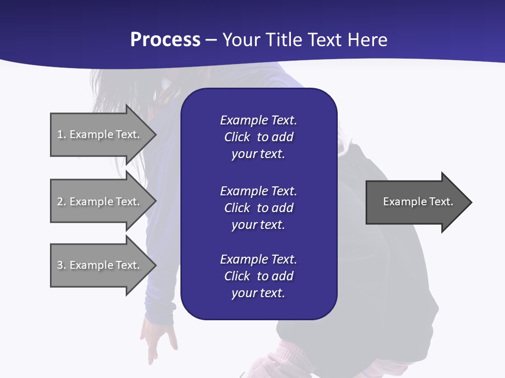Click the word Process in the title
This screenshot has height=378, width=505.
(165, 39)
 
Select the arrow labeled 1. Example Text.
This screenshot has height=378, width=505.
(100, 134)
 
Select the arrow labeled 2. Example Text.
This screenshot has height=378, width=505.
(100, 202)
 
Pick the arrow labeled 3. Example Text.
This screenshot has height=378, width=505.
(100, 265)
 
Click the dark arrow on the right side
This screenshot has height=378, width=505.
(416, 202)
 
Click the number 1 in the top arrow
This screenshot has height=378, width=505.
(60, 134)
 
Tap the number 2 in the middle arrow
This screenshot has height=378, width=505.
(60, 202)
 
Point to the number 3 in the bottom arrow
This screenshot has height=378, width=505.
(60, 265)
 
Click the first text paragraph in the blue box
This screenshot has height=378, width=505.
(258, 137)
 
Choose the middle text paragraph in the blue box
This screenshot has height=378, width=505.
(258, 208)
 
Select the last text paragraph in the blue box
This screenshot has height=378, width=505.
(258, 276)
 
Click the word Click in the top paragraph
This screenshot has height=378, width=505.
(237, 137)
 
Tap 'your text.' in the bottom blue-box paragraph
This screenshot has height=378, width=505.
(258, 293)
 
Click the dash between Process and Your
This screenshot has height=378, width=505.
(210, 40)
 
